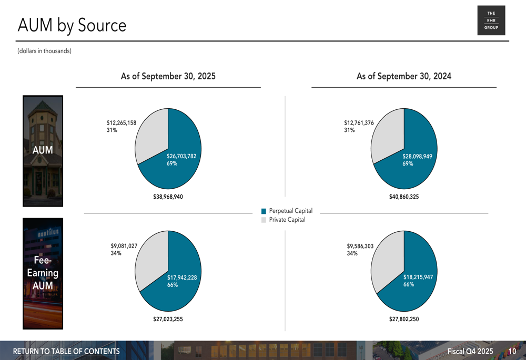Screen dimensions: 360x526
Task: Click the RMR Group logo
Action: click(491, 20)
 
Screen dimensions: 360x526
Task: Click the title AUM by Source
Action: click(72, 25)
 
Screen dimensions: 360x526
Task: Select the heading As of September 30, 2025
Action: click(168, 76)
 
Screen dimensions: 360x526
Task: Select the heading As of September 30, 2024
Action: click(403, 76)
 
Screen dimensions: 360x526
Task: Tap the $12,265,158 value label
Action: click(121, 123)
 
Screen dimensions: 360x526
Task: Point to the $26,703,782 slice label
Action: click(181, 156)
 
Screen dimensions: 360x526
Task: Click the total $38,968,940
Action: click(168, 197)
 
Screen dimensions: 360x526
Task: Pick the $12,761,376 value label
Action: click(359, 123)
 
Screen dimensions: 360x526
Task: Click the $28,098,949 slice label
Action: click(417, 156)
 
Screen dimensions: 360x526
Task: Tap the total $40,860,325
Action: click(403, 197)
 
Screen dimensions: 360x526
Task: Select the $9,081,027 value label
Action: click(124, 245)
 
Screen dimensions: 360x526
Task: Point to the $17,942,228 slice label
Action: click(181, 277)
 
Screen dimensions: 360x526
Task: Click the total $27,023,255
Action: click(168, 318)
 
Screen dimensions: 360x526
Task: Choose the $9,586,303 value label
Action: click(360, 245)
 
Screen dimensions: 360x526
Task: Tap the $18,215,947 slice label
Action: click(418, 277)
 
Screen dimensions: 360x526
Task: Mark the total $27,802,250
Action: click(403, 318)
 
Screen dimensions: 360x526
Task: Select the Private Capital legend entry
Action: click(287, 220)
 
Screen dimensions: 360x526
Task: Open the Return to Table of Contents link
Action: click(66, 351)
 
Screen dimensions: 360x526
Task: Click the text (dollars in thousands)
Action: click(44, 51)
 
